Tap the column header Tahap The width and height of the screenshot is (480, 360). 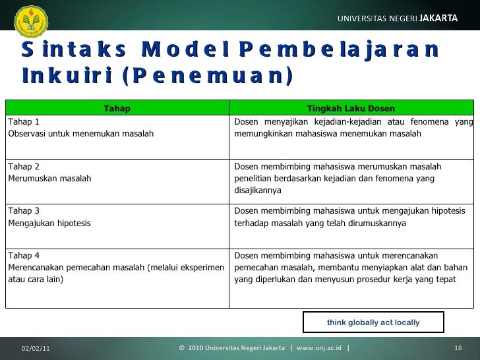[x=117, y=108]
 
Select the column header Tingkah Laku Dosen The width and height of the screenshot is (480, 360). [x=351, y=108]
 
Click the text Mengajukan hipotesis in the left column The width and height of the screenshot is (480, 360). [x=49, y=223]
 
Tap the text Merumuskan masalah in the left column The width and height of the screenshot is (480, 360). [x=49, y=179]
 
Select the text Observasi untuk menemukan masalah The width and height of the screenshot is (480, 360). [x=80, y=134]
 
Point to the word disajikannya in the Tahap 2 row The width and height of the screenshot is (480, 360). [x=258, y=191]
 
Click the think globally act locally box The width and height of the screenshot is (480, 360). [x=373, y=322]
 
